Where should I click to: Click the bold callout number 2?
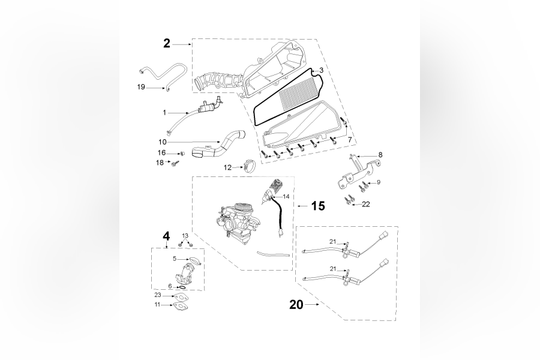point(167,43)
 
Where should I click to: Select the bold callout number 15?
point(317,206)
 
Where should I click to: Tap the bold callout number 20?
point(296,305)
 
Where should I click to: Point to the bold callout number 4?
point(166,235)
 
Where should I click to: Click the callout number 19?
point(141,87)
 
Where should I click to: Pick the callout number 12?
point(228,167)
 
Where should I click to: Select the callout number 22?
point(365,204)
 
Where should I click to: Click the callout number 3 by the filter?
point(322,70)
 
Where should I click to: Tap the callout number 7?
point(349,140)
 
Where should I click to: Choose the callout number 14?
point(286,196)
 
